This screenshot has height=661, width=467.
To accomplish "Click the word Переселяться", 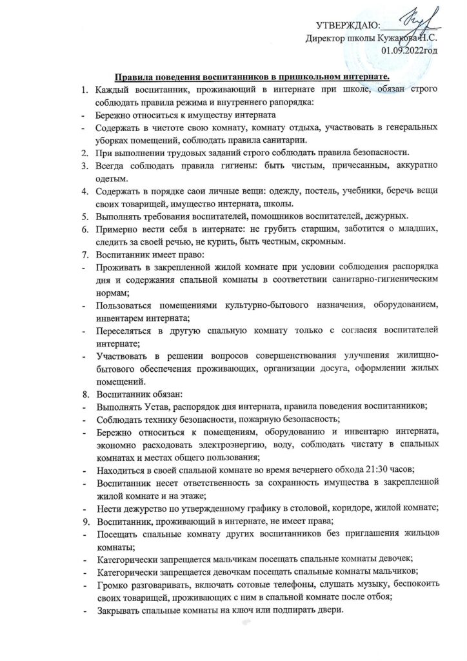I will tap(127, 330).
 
